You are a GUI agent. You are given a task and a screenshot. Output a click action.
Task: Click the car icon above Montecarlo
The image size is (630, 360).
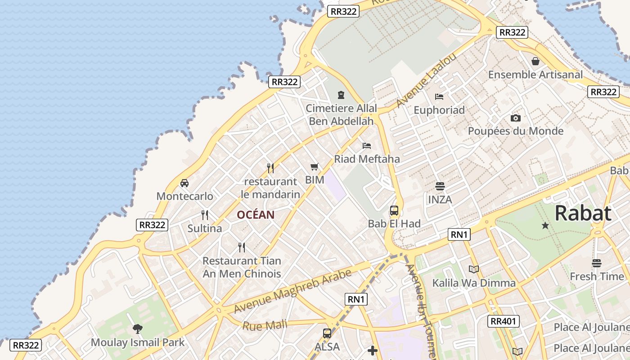pyautogui.click(x=184, y=183)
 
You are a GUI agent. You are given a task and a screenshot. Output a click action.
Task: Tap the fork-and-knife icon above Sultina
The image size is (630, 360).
pyautogui.click(x=205, y=215)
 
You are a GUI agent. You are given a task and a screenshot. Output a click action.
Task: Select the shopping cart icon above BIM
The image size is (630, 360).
pyautogui.click(x=315, y=167)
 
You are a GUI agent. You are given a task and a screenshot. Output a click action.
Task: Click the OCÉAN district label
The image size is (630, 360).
pyautogui.click(x=256, y=215)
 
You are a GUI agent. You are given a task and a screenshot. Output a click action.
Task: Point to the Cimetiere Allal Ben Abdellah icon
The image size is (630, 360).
pyautogui.click(x=341, y=95)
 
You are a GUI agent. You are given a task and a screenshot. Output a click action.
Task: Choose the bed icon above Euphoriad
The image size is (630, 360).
pyautogui.click(x=439, y=97)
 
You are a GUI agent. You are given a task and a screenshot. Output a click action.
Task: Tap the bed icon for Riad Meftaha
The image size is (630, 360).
pyautogui.click(x=367, y=146)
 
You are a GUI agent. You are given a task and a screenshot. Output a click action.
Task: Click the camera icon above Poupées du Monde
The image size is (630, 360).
pyautogui.click(x=516, y=118)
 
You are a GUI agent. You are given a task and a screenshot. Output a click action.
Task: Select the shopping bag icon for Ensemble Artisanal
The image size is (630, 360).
pyautogui.click(x=535, y=61)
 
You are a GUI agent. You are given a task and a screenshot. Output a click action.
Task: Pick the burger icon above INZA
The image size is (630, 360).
pyautogui.click(x=440, y=186)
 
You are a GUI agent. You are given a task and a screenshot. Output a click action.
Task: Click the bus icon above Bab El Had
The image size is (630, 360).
pyautogui.click(x=394, y=210)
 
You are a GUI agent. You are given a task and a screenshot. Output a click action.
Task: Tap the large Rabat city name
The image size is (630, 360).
pyautogui.click(x=583, y=213)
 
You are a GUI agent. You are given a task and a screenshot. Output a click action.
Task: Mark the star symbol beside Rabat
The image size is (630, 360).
pyautogui.click(x=545, y=225)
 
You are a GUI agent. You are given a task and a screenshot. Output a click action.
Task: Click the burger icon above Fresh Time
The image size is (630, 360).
pyautogui.click(x=597, y=263)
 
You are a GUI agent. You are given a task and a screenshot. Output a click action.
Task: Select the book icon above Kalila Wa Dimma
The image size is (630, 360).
pyautogui.click(x=473, y=270)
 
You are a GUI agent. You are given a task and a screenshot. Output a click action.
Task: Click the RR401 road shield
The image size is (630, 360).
pyautogui.click(x=504, y=321)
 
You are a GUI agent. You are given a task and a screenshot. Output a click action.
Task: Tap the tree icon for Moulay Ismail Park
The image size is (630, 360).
pyautogui.click(x=138, y=329)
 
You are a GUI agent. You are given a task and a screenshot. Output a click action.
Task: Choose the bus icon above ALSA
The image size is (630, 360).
pyautogui.click(x=327, y=333)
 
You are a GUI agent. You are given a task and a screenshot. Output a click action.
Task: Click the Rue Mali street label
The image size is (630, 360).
pyautogui.click(x=265, y=325)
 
